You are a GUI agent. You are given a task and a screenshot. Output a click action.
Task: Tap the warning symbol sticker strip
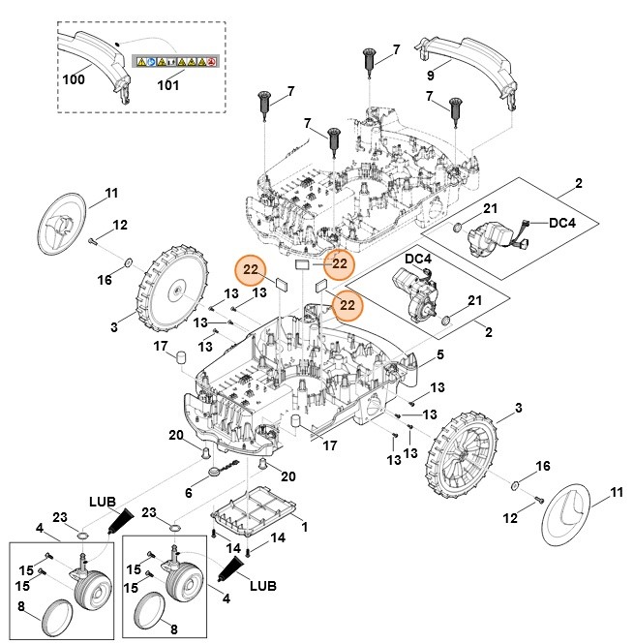(x=173, y=61)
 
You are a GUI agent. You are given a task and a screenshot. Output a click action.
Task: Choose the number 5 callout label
(x=440, y=354)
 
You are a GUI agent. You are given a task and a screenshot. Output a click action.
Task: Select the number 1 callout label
(x=305, y=526)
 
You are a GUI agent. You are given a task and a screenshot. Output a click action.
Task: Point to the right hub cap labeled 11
(x=571, y=517)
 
